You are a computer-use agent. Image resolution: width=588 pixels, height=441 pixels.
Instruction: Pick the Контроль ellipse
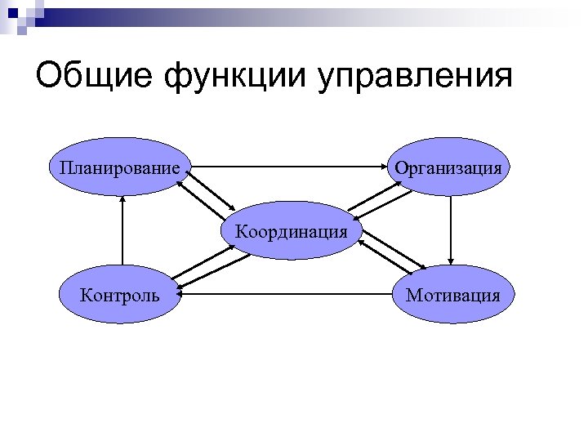(x=121, y=292)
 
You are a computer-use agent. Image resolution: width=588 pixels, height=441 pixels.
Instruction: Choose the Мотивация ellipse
(x=451, y=292)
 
